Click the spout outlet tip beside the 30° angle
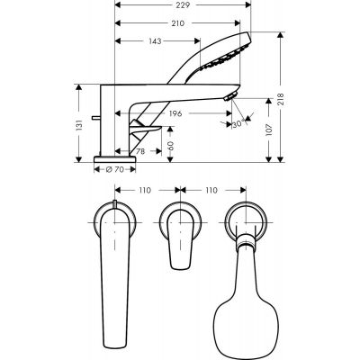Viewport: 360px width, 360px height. click(237, 97)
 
